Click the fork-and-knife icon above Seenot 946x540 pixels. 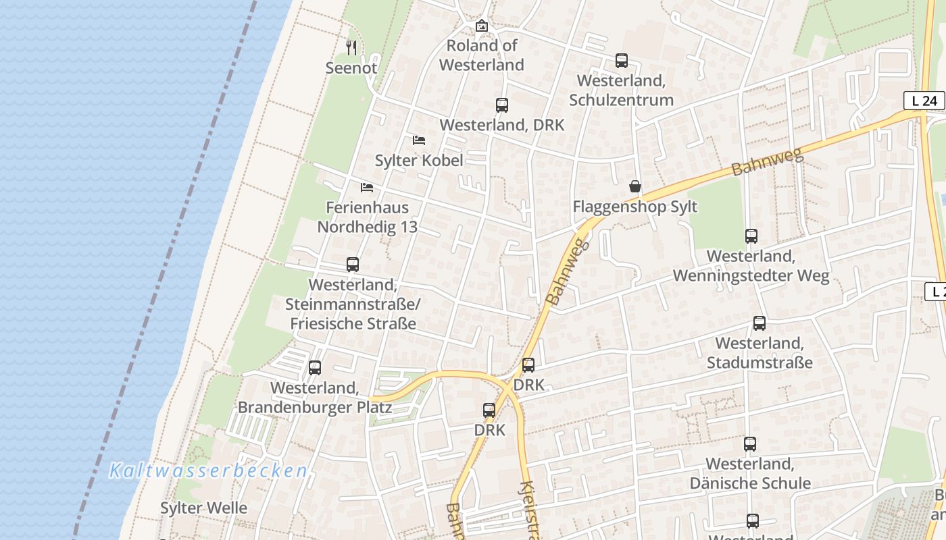(x=351, y=47)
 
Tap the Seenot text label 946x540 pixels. (x=351, y=68)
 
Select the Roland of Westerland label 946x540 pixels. (x=481, y=55)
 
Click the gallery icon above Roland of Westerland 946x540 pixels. (x=481, y=26)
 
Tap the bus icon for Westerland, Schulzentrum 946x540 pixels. (x=621, y=61)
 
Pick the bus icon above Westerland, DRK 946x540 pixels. (x=501, y=105)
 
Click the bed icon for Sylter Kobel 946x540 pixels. (x=419, y=140)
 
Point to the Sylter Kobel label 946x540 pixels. (x=419, y=161)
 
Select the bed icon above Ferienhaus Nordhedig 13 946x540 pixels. (x=367, y=187)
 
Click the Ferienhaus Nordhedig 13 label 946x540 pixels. (x=368, y=217)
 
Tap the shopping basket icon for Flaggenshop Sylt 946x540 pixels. (x=635, y=186)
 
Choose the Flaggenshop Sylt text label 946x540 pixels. (x=634, y=207)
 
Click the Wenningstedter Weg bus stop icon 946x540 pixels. (x=751, y=236)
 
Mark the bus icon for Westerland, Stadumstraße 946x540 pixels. (x=760, y=323)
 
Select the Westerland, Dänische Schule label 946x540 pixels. (x=750, y=474)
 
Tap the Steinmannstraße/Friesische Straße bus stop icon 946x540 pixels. (x=353, y=265)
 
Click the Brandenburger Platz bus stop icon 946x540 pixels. (x=315, y=368)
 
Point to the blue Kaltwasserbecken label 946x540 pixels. (x=208, y=470)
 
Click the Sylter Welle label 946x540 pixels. (x=203, y=508)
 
